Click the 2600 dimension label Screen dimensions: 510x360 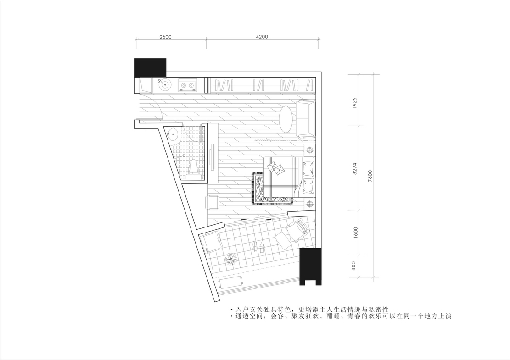point(165,37)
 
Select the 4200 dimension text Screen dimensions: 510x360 point(262,37)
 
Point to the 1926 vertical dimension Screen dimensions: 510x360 point(355,103)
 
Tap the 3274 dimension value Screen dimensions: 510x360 point(355,169)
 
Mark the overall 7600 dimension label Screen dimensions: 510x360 point(370,176)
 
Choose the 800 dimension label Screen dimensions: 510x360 point(354,266)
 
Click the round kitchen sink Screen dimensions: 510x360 point(165,85)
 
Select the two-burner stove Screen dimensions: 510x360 point(188,85)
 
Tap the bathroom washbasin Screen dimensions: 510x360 point(173,134)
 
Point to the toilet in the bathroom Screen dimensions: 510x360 point(192,168)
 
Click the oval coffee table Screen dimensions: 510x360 point(287,119)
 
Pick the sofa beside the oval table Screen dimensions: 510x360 point(306,119)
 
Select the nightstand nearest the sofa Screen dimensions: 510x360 point(310,150)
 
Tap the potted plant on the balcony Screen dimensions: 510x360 point(231,258)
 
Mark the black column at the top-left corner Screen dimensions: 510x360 point(150,67)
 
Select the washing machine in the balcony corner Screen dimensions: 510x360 point(212,243)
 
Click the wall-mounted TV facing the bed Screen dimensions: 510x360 point(213,156)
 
